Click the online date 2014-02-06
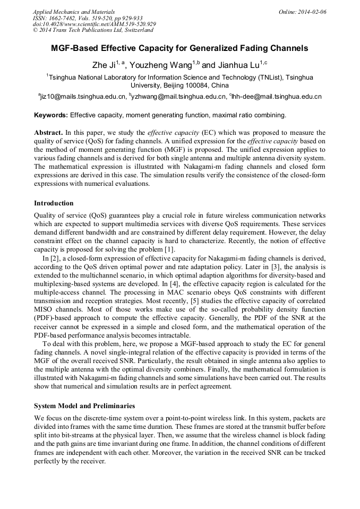311,12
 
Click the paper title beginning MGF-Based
179,48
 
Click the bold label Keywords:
51,115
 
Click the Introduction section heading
54,203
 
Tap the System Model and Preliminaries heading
84,406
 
